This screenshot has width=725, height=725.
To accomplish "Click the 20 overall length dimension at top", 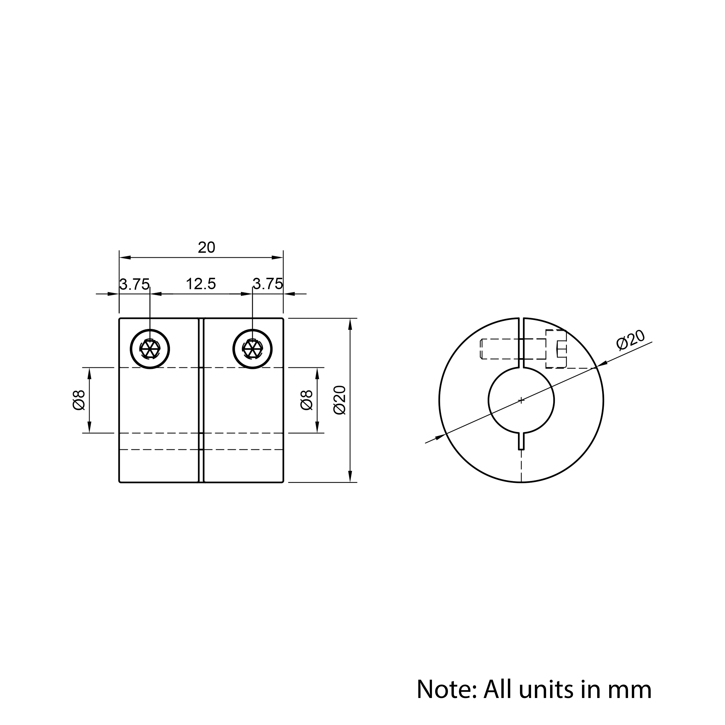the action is click(206, 248).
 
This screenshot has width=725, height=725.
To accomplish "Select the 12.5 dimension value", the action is click(201, 284).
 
